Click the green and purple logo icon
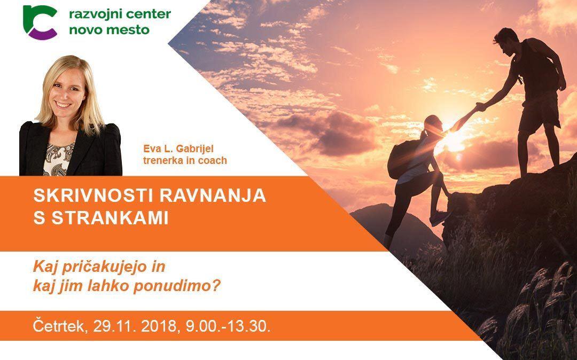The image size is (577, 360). (x=40, y=22)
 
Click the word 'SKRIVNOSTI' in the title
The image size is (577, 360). (x=93, y=195)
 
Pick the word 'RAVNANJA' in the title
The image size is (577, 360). (x=213, y=195)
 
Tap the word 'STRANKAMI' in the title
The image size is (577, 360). (x=110, y=218)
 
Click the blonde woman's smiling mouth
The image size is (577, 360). (x=63, y=105)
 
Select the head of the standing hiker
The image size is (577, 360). (x=506, y=41)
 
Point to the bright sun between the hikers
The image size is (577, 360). (x=454, y=140)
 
